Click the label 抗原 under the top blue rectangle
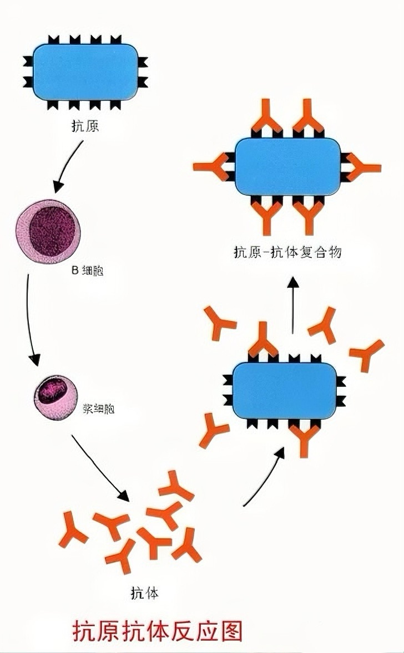pyautogui.click(x=85, y=126)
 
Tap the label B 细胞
pyautogui.click(x=88, y=272)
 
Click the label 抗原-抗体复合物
pyautogui.click(x=287, y=253)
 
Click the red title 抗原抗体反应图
pyautogui.click(x=158, y=631)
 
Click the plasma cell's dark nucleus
pyautogui.click(x=51, y=391)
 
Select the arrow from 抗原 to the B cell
pyautogui.click(x=68, y=167)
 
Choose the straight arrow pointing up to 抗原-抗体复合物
pyautogui.click(x=293, y=305)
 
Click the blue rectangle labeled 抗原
pyautogui.click(x=85, y=72)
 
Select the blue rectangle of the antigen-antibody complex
pyautogui.click(x=287, y=166)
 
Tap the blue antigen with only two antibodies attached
pyautogui.click(x=284, y=390)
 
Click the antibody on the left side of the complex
pyautogui.click(x=211, y=166)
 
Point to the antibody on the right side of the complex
pyautogui.click(x=363, y=167)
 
